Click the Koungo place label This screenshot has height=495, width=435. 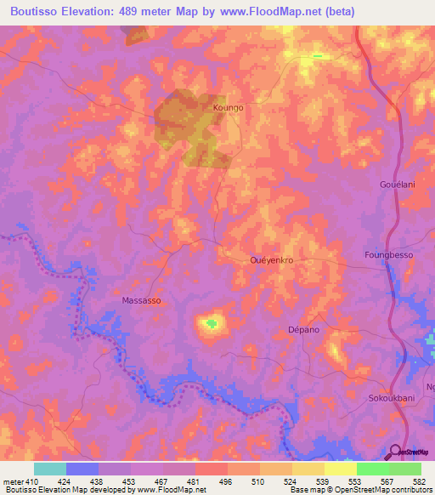point(229,108)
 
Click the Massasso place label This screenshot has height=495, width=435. point(142,301)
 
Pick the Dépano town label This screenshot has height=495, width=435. point(303,329)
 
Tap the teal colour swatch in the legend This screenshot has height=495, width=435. point(49,469)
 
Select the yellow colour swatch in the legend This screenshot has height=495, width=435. point(340,469)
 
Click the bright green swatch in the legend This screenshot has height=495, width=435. point(372,469)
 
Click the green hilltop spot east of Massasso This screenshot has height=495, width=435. point(210,322)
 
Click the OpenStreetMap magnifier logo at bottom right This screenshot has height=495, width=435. point(395,452)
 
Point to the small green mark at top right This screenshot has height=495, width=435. point(317,56)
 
